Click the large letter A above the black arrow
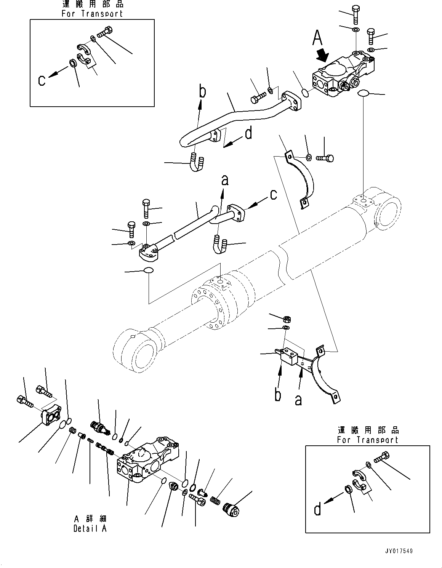tap(317, 38)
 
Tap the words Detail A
tap(90, 528)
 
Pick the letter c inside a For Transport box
tap(42, 80)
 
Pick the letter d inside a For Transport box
tap(317, 509)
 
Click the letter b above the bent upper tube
tap(203, 92)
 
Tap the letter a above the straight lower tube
tap(225, 180)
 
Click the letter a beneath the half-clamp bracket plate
tap(298, 400)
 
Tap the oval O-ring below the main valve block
tap(363, 93)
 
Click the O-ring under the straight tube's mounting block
tap(149, 270)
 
